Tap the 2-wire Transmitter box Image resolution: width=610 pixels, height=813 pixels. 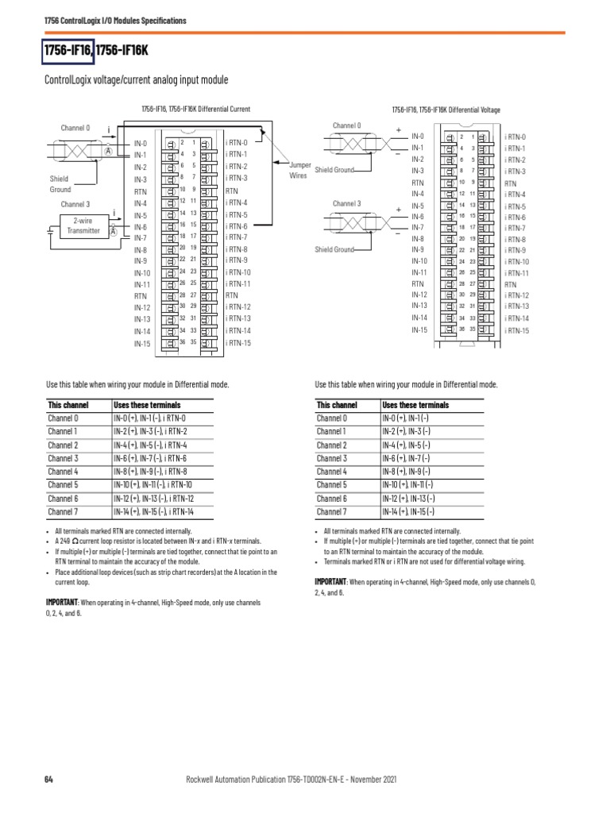point(87,225)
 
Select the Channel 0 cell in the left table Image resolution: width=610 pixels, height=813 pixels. point(64,418)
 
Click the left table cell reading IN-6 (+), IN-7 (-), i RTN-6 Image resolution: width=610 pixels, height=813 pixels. point(152,458)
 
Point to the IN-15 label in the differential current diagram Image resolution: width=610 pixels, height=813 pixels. point(142,344)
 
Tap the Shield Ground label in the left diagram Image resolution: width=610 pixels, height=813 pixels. point(60,184)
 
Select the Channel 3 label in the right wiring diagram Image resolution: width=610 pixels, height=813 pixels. point(346,204)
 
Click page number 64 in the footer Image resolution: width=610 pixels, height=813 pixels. point(48,779)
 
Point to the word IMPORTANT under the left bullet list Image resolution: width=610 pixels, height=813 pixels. point(64,603)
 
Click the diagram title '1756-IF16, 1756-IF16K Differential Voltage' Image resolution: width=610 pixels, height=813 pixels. point(446,110)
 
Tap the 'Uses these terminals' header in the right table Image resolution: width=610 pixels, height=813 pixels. point(415,404)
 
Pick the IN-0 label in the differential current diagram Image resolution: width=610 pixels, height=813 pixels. point(141,143)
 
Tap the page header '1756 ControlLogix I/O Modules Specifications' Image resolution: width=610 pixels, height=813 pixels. point(115,20)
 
